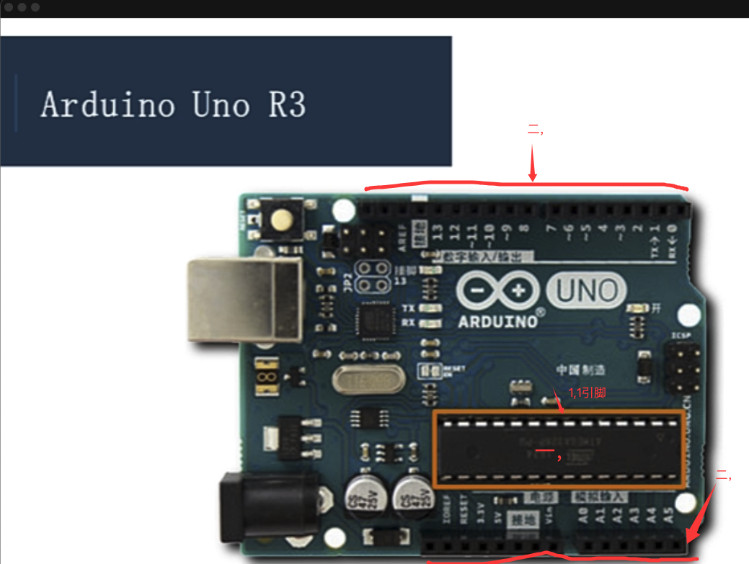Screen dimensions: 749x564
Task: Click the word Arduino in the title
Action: (x=107, y=105)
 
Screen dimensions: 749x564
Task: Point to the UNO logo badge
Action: (x=586, y=290)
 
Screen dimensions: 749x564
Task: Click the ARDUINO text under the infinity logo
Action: (x=497, y=321)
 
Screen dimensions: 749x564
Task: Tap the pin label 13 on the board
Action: (x=437, y=233)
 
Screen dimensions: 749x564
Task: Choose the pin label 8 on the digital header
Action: (x=524, y=230)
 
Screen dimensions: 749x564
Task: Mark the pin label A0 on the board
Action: (x=582, y=515)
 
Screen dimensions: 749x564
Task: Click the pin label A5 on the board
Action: (x=668, y=515)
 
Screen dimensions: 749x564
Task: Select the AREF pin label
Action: (x=402, y=236)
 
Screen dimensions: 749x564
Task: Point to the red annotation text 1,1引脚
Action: (x=586, y=393)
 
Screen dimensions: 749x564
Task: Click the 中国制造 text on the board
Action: (x=580, y=370)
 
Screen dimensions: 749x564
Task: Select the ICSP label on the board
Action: (x=680, y=336)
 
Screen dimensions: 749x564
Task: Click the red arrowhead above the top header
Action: (x=533, y=174)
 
